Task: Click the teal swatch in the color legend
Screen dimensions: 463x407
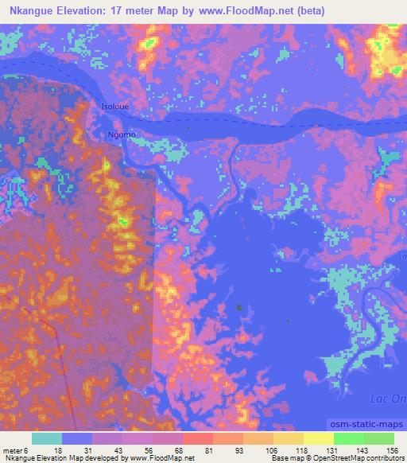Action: [x=48, y=438]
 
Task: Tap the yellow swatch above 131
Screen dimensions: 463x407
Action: [x=319, y=438]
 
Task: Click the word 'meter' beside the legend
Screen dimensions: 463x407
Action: [x=12, y=450]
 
